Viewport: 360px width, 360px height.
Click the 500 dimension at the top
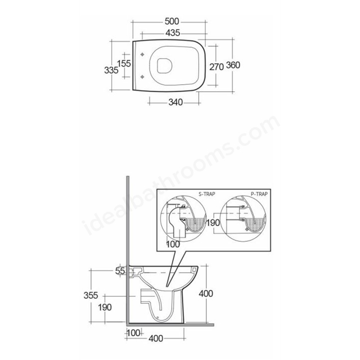point(172,21)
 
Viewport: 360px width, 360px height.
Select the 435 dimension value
point(173,33)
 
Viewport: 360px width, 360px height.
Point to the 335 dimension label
point(111,70)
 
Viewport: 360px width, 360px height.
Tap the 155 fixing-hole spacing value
point(124,64)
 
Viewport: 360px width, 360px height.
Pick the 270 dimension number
point(217,67)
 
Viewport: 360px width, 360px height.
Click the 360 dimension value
point(233,65)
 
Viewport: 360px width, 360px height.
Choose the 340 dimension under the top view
point(175,102)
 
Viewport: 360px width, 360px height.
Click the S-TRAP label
point(207,194)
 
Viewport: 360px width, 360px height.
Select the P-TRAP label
point(259,194)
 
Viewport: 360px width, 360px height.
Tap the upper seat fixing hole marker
point(142,55)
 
